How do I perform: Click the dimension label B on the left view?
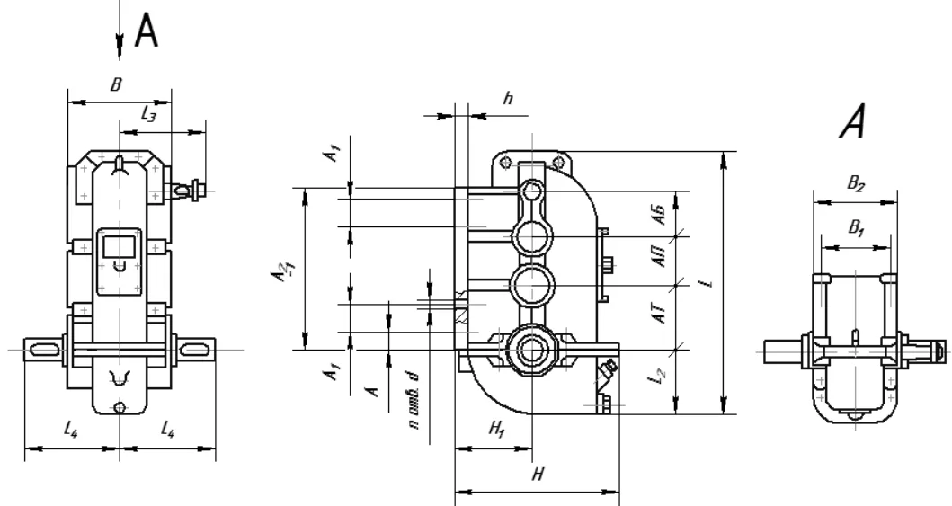coord(116,85)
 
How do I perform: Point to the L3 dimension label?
coord(148,113)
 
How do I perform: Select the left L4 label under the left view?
coord(71,431)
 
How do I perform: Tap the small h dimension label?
coord(508,98)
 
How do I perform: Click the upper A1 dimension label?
coord(334,152)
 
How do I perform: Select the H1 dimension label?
coord(497,430)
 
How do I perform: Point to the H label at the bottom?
coord(538,474)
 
